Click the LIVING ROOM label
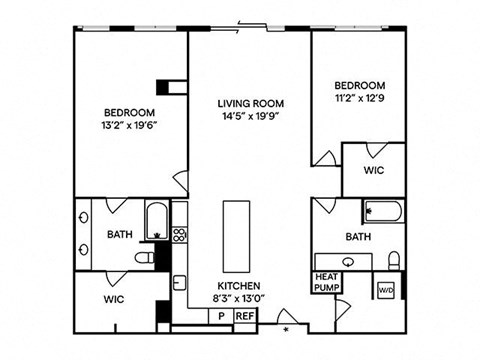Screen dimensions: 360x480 pyautogui.click(x=252, y=103)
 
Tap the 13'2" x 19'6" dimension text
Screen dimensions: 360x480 pyautogui.click(x=129, y=127)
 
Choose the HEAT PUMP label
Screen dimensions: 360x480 pyautogui.click(x=327, y=281)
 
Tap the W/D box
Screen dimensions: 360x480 pyautogui.click(x=386, y=289)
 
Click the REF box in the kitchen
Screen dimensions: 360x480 pyautogui.click(x=244, y=316)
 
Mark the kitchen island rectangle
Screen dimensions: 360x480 pyautogui.click(x=236, y=231)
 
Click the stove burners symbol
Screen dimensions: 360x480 pyautogui.click(x=179, y=236)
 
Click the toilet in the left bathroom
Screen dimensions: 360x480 pyautogui.click(x=146, y=257)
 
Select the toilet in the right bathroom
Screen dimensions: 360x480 pyautogui.click(x=393, y=260)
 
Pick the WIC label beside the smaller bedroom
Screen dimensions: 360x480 pyautogui.click(x=372, y=171)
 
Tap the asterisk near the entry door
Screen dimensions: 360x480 pyautogui.click(x=286, y=327)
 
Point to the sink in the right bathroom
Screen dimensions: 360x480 pyautogui.click(x=348, y=262)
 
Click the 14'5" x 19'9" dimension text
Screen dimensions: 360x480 pyautogui.click(x=252, y=116)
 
